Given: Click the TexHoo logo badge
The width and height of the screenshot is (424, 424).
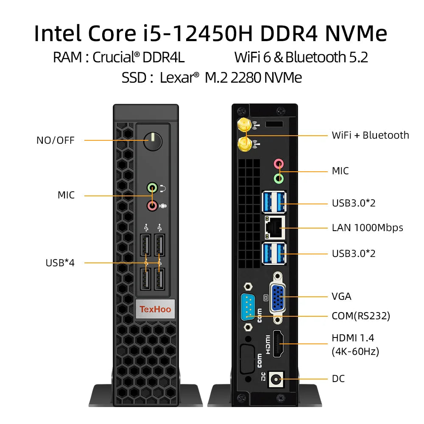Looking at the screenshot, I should click(x=155, y=309).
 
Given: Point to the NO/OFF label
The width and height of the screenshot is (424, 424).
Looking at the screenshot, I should click(x=55, y=140).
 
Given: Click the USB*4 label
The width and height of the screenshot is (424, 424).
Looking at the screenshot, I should click(x=60, y=262).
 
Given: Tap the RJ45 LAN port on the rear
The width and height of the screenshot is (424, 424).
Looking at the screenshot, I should click(x=274, y=228).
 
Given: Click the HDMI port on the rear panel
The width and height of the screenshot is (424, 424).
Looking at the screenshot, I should click(x=279, y=343).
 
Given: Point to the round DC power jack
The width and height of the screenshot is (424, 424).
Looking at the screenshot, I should click(x=278, y=379).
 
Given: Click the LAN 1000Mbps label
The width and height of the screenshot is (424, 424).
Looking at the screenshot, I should click(x=367, y=228).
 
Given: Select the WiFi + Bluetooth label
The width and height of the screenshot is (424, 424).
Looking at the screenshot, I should click(x=370, y=135).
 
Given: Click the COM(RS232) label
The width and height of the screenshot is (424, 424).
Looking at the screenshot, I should click(x=361, y=316).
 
